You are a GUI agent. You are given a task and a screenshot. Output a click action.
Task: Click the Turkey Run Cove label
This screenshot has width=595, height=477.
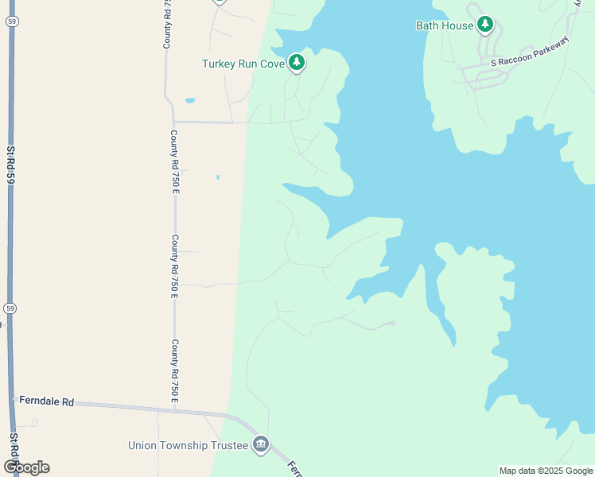(x=243, y=64)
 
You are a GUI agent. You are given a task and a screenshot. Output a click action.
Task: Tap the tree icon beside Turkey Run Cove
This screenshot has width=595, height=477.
(x=297, y=63)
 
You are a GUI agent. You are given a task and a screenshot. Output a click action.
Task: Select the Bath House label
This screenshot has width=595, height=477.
(x=445, y=25)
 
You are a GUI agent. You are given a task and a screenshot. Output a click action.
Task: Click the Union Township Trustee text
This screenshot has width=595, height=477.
(x=188, y=444)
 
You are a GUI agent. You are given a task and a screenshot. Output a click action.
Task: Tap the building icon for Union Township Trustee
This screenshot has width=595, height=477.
(x=261, y=444)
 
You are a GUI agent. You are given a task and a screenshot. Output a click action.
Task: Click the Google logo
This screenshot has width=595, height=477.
(x=25, y=467)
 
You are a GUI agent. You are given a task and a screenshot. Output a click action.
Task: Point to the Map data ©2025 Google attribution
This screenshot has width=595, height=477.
(x=546, y=471)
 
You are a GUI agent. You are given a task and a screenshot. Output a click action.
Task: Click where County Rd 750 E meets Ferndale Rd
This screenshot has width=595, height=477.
(x=175, y=409)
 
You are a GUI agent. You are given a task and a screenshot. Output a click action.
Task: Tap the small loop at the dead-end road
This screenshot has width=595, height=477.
(x=391, y=324)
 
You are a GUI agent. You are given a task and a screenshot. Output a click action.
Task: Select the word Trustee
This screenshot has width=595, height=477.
(x=227, y=444)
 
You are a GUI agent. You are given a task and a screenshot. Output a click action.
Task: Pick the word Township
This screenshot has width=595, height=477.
(x=182, y=444)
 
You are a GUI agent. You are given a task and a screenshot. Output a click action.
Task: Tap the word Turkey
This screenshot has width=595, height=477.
(x=218, y=64)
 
